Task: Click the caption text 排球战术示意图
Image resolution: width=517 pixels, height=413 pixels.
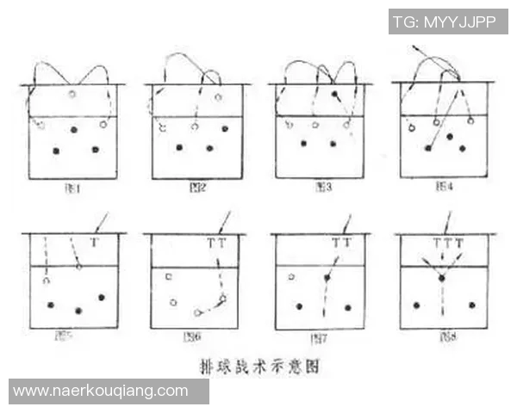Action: [258, 366]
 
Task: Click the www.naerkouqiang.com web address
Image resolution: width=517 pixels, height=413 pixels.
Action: [101, 391]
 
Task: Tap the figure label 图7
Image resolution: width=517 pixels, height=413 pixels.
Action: [321, 337]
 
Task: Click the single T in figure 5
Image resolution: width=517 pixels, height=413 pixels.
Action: [94, 243]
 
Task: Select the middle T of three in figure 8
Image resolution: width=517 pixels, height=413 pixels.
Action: [448, 243]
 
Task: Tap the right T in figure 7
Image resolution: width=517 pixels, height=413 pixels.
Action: [347, 243]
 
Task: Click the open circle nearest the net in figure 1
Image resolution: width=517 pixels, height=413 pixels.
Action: [72, 93]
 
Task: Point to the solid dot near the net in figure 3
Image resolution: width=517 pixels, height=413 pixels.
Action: [334, 93]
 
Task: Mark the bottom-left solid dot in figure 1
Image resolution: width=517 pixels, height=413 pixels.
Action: [57, 151]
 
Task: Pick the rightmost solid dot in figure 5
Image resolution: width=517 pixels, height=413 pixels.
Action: [102, 297]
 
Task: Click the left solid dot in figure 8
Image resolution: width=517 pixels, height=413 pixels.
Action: [416, 305]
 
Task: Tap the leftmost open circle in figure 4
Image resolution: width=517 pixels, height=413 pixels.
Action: [412, 127]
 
